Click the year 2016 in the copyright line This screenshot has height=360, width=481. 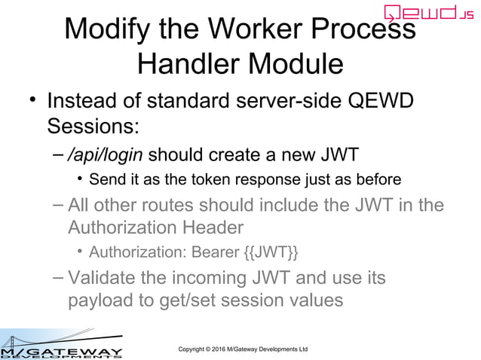(225, 349)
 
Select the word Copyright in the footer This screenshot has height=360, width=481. (191, 349)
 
